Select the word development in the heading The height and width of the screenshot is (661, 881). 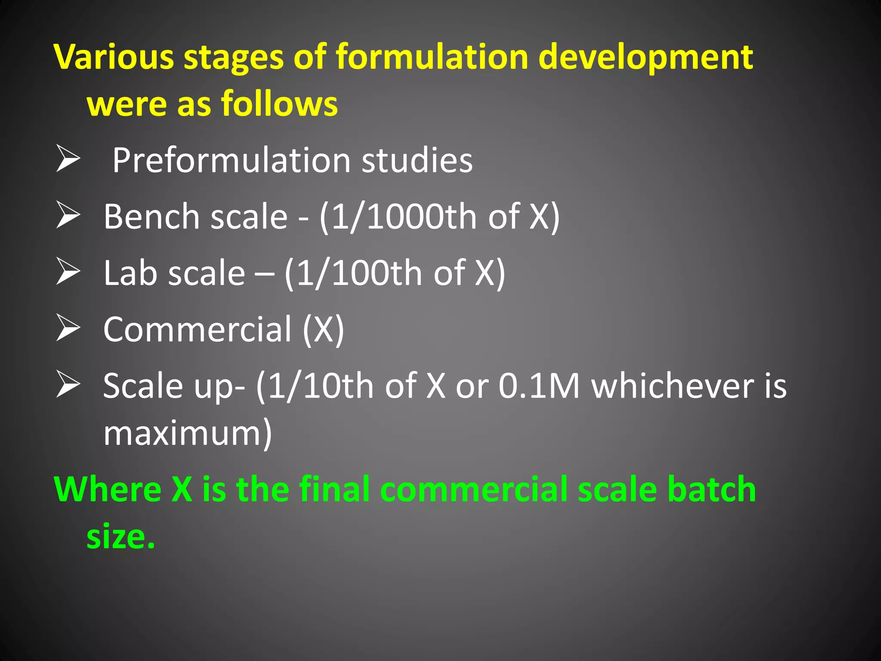pyautogui.click(x=645, y=57)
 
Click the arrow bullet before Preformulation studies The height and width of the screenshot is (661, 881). pyautogui.click(x=68, y=159)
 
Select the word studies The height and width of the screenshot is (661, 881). pyautogui.click(x=417, y=161)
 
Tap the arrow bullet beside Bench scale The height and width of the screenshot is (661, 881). pyautogui.click(x=68, y=216)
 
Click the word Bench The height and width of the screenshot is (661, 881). pyautogui.click(x=151, y=216)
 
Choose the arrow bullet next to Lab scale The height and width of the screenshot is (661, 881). pyautogui.click(x=68, y=272)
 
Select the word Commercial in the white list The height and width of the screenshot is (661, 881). pyautogui.click(x=197, y=329)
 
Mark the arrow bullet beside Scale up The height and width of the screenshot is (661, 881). pyautogui.click(x=68, y=385)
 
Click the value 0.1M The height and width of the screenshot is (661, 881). pyautogui.click(x=539, y=386)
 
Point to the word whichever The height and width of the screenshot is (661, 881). pyautogui.click(x=672, y=386)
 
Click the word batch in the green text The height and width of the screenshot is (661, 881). pyautogui.click(x=711, y=489)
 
